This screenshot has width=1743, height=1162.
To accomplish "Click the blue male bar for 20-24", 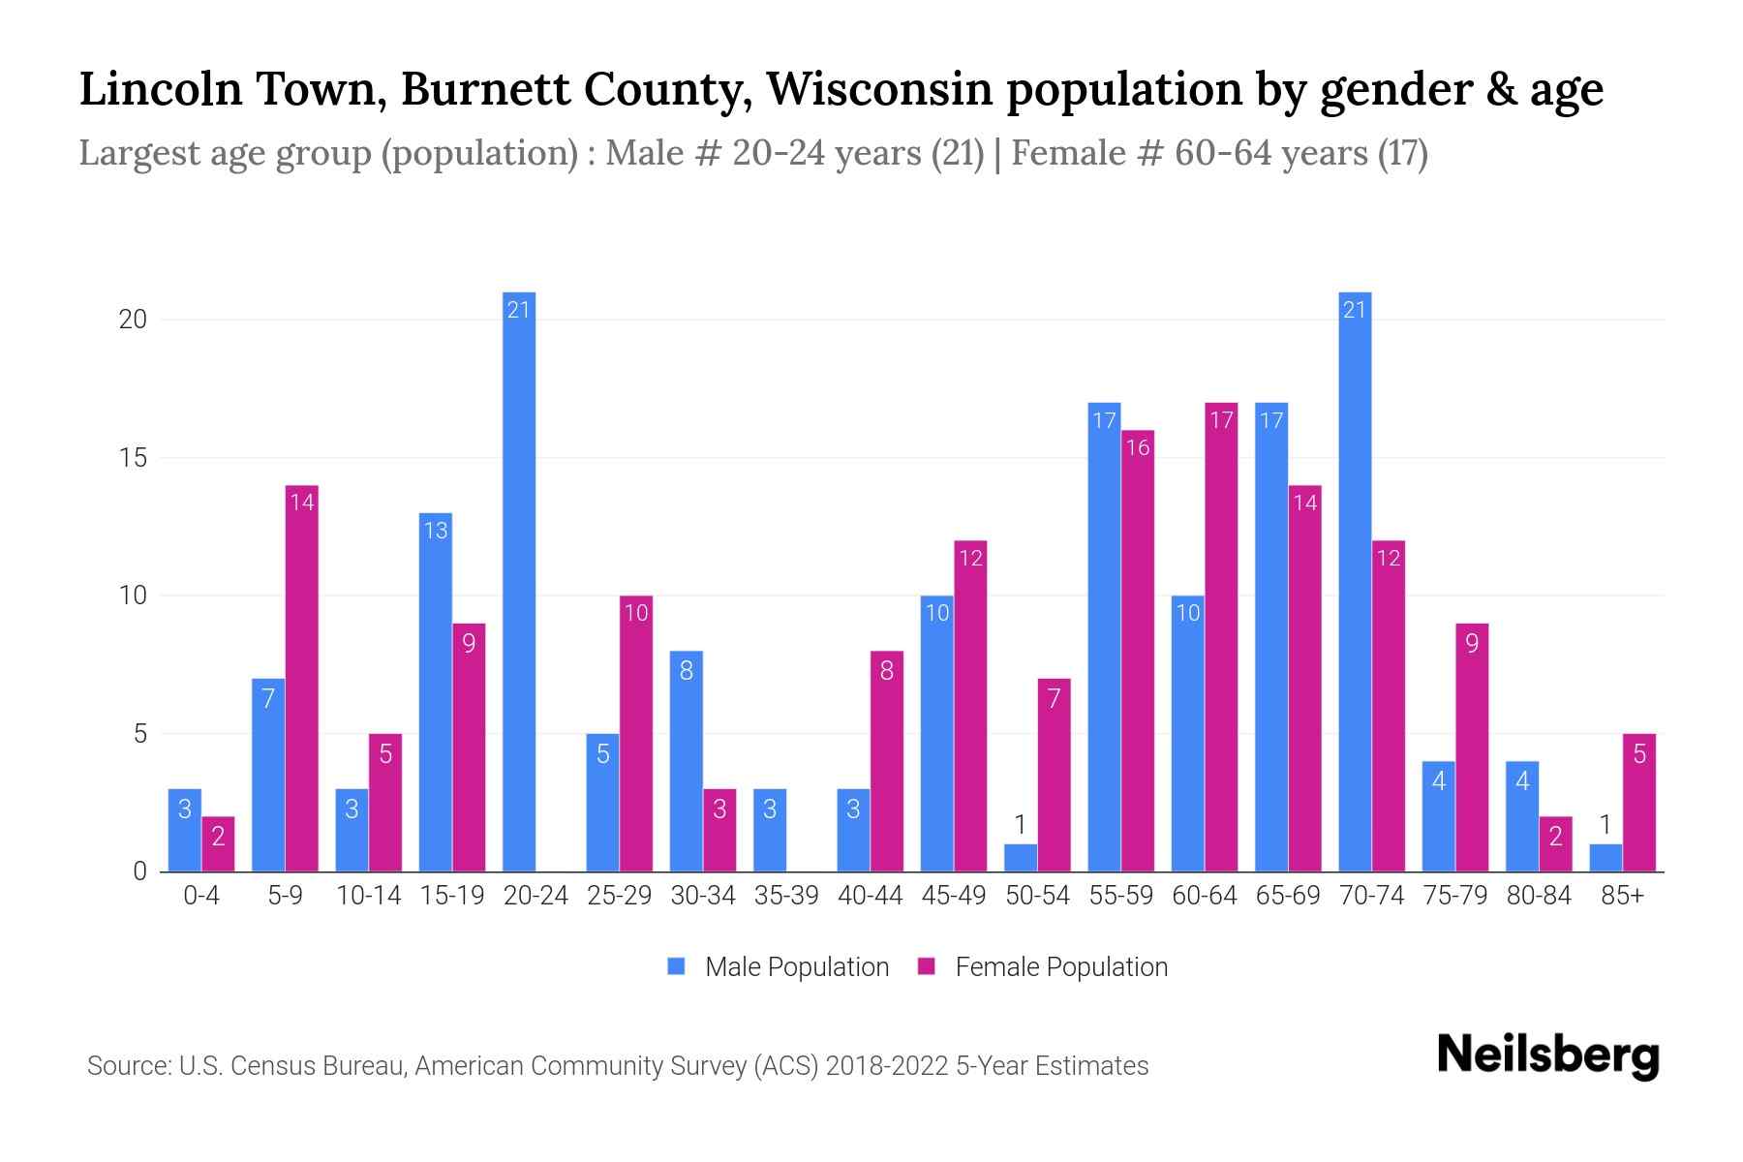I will pos(519,581).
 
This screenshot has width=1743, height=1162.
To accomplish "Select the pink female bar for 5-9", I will pos(301,678).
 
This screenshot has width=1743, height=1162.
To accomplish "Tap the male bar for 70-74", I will pos(1355,581).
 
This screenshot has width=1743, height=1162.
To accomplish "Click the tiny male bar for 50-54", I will pos(1020,858).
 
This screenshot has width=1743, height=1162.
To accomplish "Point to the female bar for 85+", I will pos(1639,803).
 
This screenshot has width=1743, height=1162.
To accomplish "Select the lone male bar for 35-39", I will pos(770,830).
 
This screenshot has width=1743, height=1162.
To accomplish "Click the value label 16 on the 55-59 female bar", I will pos(1138,447).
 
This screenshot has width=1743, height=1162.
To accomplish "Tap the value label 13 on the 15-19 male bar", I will pos(436,531).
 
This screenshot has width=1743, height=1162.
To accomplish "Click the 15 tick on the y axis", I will pos(133,458).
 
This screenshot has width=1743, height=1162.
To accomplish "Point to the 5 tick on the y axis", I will pos(139,734).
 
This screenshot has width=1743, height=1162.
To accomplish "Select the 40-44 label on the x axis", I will pos(870,896).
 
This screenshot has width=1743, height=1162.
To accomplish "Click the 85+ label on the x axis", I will pos(1622,896).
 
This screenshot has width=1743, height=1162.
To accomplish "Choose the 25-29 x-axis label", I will pos(619,896).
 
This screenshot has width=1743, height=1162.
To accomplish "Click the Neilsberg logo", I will pos(1547,1055).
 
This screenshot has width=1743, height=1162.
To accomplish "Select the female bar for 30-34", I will pos(719,830).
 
